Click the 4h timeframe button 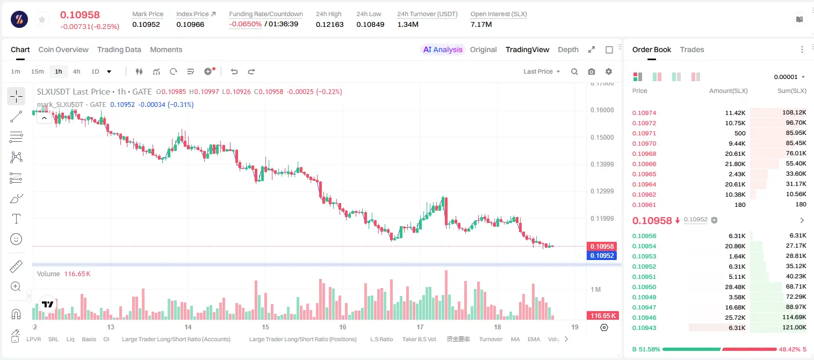76,71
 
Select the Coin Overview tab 63,49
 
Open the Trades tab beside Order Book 692,49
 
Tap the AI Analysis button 443,49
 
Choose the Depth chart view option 568,49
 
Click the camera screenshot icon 592,71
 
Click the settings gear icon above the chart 609,71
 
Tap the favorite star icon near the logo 42,20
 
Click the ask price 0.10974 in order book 644,113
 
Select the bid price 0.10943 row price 644,328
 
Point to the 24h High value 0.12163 329,24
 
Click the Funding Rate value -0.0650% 246,24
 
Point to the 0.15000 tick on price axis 602,138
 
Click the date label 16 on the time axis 343,327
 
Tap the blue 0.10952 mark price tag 602,255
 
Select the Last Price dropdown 542,71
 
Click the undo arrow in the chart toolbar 234,71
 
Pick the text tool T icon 16,219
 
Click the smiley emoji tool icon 16,239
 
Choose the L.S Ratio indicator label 381,339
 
